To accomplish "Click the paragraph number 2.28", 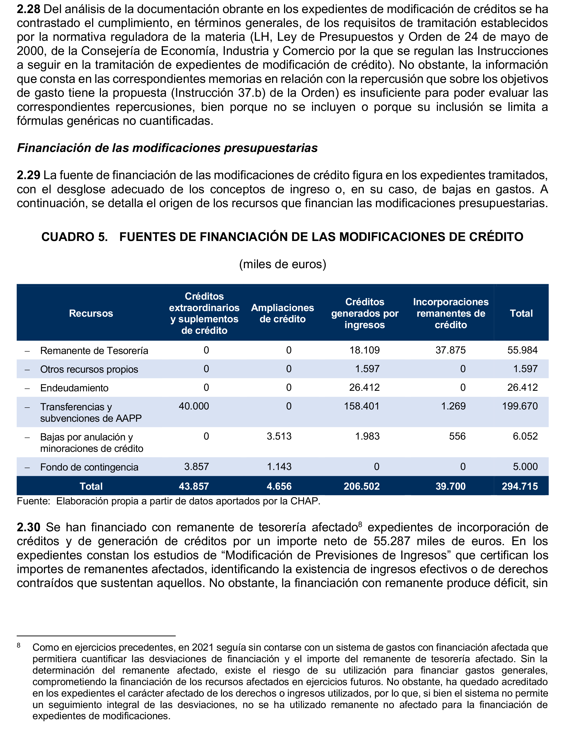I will pyautogui.click(x=29, y=9).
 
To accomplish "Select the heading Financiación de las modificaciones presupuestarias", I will pyautogui.click(x=167, y=148).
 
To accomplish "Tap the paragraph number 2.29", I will pyautogui.click(x=29, y=175).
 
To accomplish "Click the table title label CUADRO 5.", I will pyautogui.click(x=75, y=237).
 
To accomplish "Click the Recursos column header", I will pyautogui.click(x=91, y=313).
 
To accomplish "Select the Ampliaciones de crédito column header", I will pyautogui.click(x=282, y=313).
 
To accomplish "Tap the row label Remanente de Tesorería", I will pyautogui.click(x=94, y=351).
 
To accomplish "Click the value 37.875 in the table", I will pyautogui.click(x=450, y=350).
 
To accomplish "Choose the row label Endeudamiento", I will pyautogui.click(x=74, y=388).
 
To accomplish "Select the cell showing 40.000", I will pyautogui.click(x=194, y=406).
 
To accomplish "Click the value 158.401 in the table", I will pyautogui.click(x=362, y=406).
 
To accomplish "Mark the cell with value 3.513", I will pyautogui.click(x=279, y=436).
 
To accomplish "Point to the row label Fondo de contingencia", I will pyautogui.click(x=89, y=467).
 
